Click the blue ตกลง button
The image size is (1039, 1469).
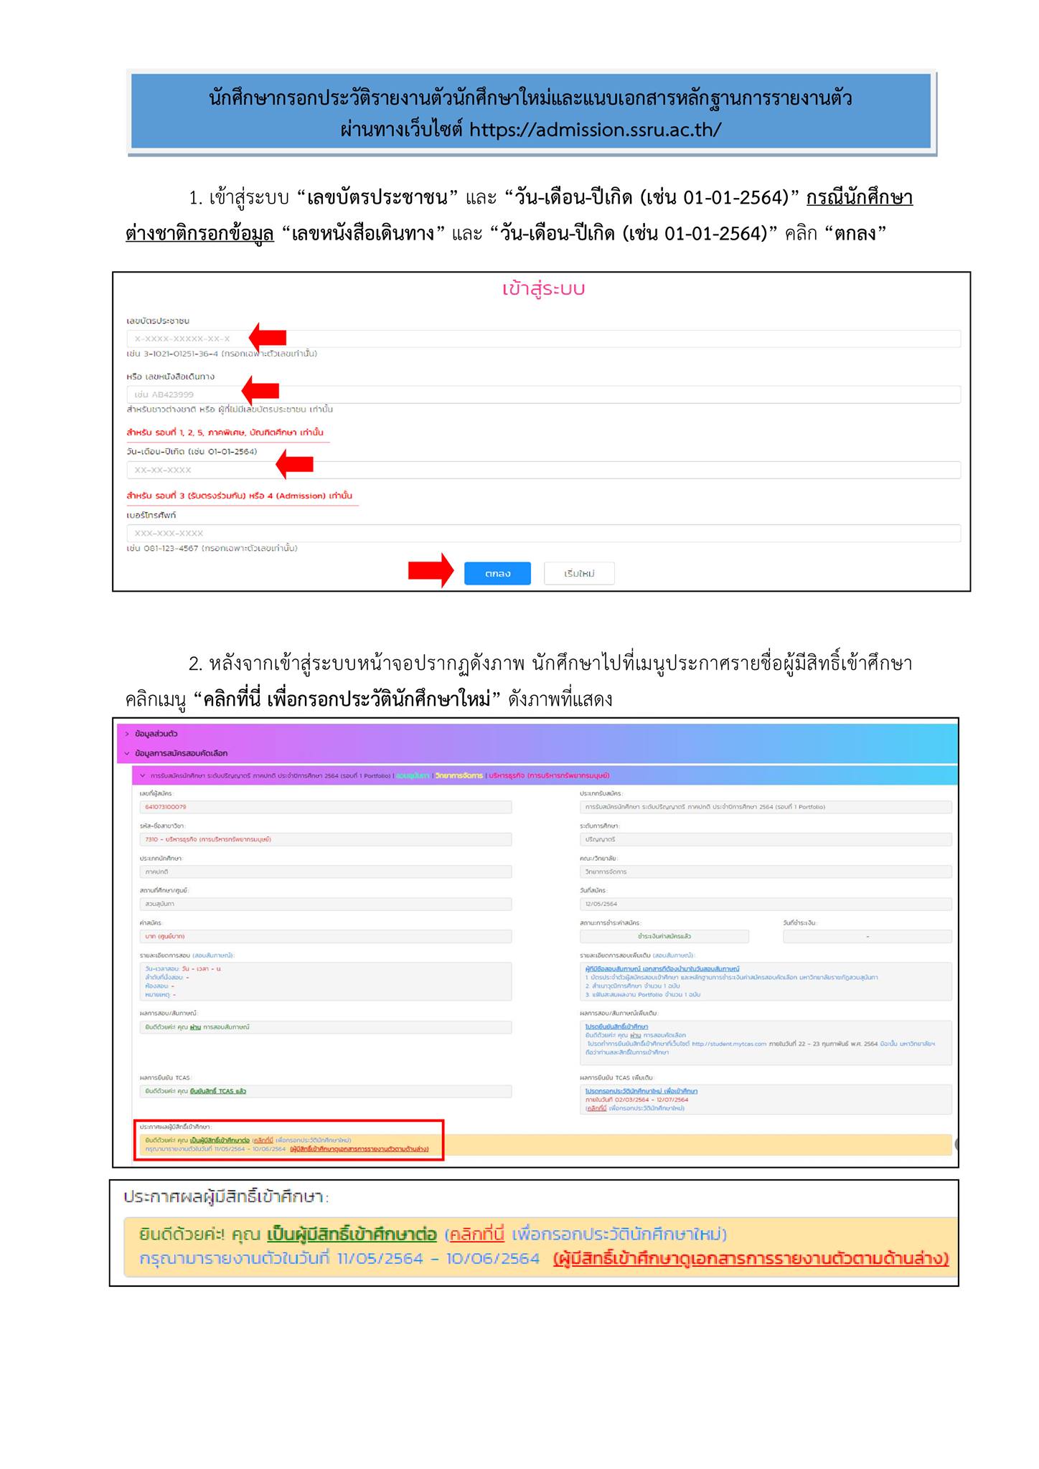[x=497, y=573]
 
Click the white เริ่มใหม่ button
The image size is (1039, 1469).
[x=579, y=573]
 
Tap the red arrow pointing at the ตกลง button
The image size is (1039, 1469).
[x=431, y=571]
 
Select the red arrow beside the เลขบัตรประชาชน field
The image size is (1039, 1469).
[x=268, y=336]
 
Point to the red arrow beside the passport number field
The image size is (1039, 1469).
[x=260, y=389]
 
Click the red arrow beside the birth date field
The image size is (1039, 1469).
[x=295, y=464]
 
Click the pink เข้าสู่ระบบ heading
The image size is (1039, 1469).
[x=543, y=289]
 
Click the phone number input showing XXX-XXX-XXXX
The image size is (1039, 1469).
[x=542, y=533]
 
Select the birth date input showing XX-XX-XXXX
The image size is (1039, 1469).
[x=542, y=470]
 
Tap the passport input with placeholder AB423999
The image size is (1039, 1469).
[x=542, y=395]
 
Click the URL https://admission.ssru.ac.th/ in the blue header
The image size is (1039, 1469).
[x=595, y=130]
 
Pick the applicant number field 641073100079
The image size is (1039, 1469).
[x=326, y=807]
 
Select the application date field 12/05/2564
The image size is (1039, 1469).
[x=765, y=904]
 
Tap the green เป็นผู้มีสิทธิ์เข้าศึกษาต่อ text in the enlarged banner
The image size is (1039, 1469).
[x=352, y=1234]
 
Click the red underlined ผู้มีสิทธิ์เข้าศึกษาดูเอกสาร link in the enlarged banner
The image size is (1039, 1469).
[x=751, y=1259]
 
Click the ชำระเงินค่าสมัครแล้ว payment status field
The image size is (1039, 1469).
[x=664, y=937]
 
